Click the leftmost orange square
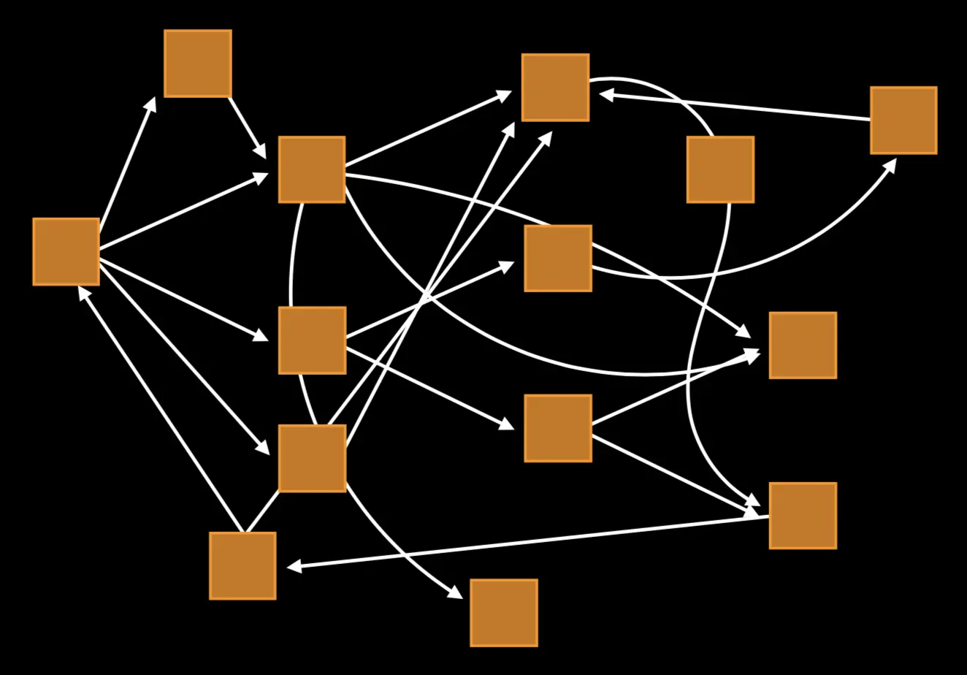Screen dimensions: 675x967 coord(66,251)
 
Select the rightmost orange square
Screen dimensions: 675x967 coord(903,121)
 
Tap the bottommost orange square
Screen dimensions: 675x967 coord(503,612)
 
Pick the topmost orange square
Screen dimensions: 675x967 coord(197,64)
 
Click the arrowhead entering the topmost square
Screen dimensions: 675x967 coord(150,103)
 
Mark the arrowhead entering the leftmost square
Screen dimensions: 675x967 coord(83,291)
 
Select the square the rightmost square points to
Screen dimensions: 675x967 coord(555,87)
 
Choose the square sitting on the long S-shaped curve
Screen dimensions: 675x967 coord(720,169)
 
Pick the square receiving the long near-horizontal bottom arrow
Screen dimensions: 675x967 coord(242,565)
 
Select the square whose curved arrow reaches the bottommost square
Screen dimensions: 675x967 coord(312,458)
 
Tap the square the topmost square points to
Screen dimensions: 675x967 coord(312,169)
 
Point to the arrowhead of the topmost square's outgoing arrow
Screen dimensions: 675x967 coord(261,153)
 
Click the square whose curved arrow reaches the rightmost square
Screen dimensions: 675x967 coord(557,259)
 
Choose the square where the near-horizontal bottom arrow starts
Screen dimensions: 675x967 coord(802,515)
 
